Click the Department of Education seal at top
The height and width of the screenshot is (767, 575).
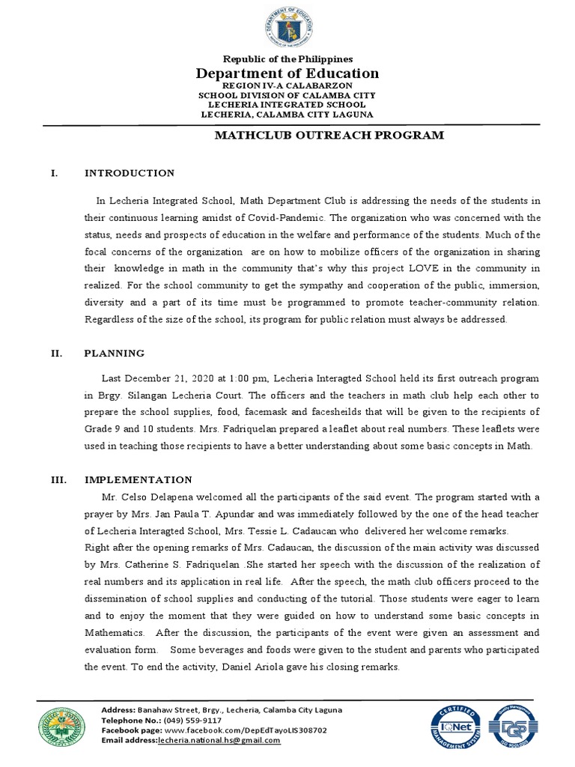pyautogui.click(x=287, y=27)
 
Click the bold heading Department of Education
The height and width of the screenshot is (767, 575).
pyautogui.click(x=287, y=73)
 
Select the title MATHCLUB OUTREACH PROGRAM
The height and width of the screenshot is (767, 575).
pyautogui.click(x=329, y=136)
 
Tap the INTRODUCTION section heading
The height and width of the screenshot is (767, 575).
pyautogui.click(x=130, y=173)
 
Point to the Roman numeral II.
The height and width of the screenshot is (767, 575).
pyautogui.click(x=55, y=353)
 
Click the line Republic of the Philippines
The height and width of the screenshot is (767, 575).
pyautogui.click(x=287, y=58)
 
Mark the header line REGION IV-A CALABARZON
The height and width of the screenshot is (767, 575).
pyautogui.click(x=287, y=86)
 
